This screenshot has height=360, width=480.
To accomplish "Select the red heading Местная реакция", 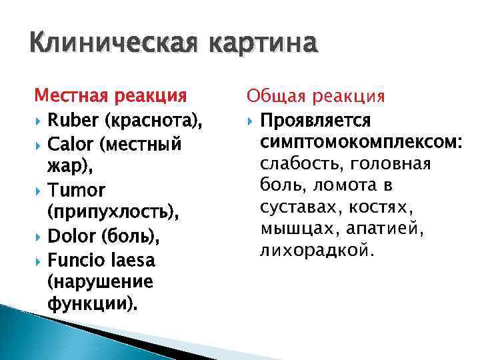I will click(x=111, y=97).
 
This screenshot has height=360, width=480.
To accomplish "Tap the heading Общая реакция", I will click(x=315, y=97).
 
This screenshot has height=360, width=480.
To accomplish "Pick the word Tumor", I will click(x=76, y=191).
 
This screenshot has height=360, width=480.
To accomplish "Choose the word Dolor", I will click(x=71, y=236).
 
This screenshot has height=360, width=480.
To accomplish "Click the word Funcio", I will click(x=74, y=259).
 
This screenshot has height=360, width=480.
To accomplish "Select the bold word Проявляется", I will click(x=316, y=121).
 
